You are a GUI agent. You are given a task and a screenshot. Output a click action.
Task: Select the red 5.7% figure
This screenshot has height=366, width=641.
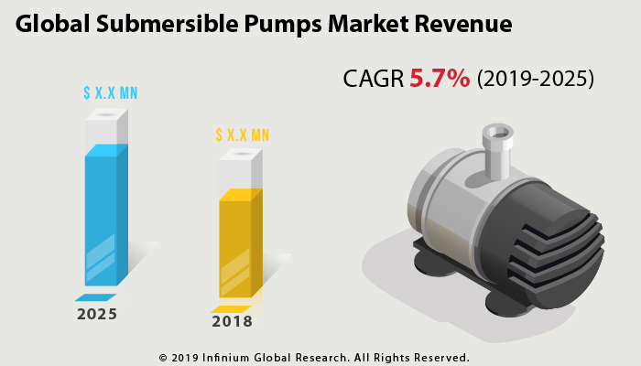pyautogui.click(x=440, y=79)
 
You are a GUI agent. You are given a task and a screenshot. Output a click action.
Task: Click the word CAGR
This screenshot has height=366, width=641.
pyautogui.click(x=373, y=80)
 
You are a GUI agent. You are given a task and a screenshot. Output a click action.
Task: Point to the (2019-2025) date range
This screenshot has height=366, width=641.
pyautogui.click(x=535, y=80)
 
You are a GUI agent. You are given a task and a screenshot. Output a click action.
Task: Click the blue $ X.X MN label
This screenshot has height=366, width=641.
pyautogui.click(x=110, y=93)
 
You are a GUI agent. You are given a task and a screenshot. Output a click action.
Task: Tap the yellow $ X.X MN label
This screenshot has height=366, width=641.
pyautogui.click(x=243, y=135)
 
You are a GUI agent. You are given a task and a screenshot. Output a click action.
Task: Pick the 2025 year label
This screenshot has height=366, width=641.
pyautogui.click(x=97, y=315)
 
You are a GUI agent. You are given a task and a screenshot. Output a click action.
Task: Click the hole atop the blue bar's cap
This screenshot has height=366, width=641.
pyautogui.click(x=107, y=115)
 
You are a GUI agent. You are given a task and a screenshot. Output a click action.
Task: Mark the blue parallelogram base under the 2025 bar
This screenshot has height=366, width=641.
pyautogui.click(x=95, y=298)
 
